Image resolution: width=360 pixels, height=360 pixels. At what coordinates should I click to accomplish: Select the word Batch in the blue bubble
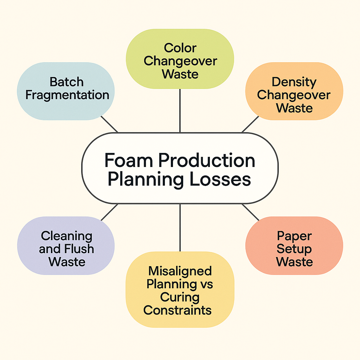click(x=66, y=82)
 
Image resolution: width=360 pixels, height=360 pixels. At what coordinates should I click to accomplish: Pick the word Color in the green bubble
click(x=180, y=48)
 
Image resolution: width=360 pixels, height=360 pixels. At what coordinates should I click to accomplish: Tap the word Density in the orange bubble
click(x=294, y=82)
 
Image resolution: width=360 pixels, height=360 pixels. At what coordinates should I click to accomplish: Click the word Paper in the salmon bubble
click(x=294, y=235)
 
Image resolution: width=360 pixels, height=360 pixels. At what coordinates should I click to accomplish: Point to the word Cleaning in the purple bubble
click(x=66, y=235)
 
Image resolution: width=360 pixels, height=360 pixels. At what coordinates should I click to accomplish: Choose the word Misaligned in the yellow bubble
click(x=180, y=271)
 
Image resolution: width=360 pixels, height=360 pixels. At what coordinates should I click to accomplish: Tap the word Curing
click(x=180, y=297)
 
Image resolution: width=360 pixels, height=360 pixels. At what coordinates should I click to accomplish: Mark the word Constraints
click(x=178, y=310)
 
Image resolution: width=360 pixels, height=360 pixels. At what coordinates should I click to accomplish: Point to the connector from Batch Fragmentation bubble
click(x=109, y=124)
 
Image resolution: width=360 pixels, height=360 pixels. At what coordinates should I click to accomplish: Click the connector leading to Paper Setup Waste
click(x=250, y=212)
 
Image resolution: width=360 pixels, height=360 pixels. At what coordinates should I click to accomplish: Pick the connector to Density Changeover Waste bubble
click(x=250, y=124)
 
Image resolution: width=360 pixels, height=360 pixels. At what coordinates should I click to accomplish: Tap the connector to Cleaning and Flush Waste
click(x=109, y=212)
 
